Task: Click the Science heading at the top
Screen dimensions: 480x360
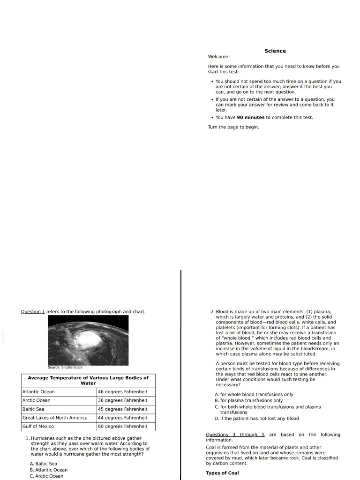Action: tap(275, 51)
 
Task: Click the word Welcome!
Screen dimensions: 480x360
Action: tap(219, 57)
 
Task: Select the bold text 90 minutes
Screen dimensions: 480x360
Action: tap(251, 118)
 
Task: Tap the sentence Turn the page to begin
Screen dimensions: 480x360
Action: tap(233, 127)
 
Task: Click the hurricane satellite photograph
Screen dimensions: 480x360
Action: tap(88, 340)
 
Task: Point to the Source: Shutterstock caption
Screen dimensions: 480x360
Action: tap(65, 367)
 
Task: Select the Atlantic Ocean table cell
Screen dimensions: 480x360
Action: tap(38, 392)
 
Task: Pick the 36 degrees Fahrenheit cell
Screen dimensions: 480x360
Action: tap(122, 400)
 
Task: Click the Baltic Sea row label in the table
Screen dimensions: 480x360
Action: tap(33, 409)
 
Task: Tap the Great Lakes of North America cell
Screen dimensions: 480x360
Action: tap(55, 418)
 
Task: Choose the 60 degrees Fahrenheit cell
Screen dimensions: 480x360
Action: tap(122, 427)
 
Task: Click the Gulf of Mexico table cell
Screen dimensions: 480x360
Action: tap(38, 427)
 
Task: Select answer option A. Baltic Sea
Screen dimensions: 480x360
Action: tap(43, 464)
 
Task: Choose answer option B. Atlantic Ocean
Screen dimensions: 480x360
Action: tap(48, 470)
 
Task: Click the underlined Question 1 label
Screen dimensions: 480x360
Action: tap(33, 312)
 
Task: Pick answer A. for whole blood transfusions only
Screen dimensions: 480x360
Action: tap(254, 395)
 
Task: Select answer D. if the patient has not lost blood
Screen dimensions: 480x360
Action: tap(256, 419)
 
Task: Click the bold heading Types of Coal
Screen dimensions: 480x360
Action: tap(222, 473)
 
